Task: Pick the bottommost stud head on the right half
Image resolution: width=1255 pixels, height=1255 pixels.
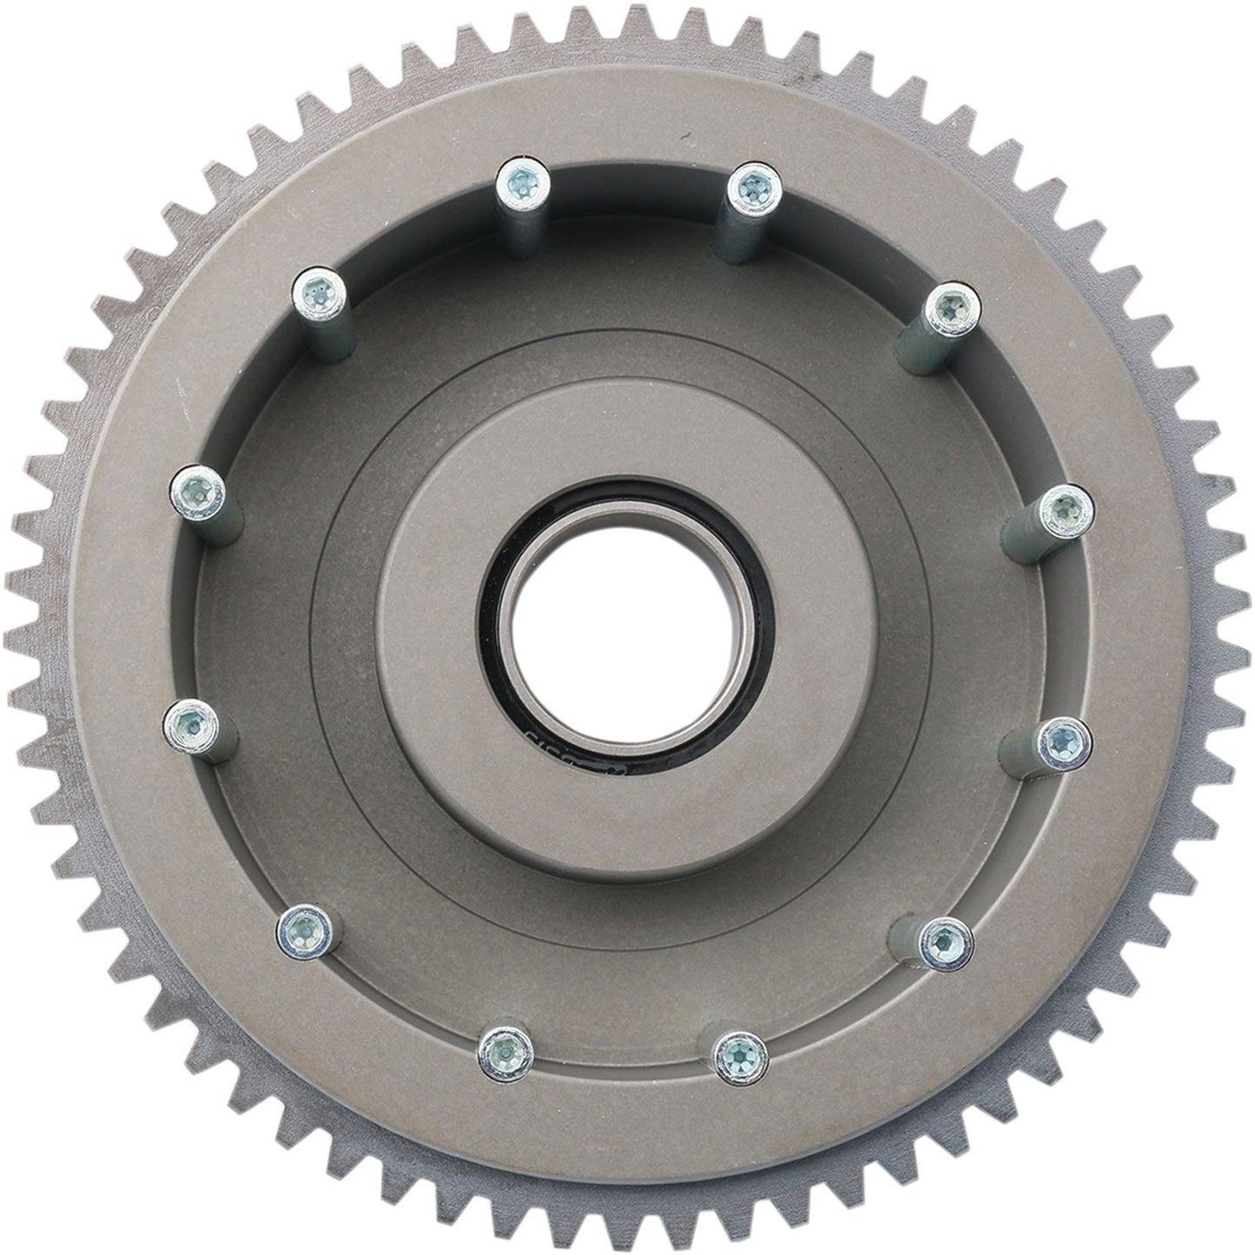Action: click(x=739, y=1054)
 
